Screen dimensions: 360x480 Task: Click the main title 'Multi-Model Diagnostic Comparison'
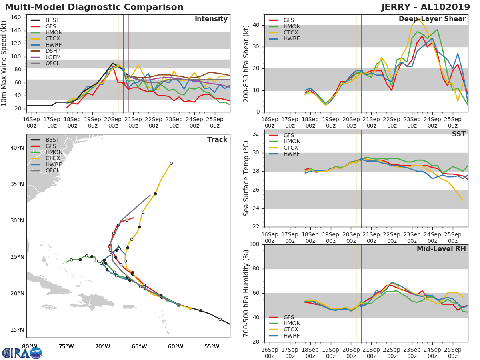tap(94, 7)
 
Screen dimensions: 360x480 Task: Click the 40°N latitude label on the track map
tap(17, 148)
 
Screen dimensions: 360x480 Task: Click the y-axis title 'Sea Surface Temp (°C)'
tap(246, 178)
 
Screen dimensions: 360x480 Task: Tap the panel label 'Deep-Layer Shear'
tap(432, 19)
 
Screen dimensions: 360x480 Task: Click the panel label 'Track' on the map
tap(217, 140)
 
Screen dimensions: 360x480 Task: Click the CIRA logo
tap(22, 353)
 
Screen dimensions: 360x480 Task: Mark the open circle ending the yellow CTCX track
tap(171, 163)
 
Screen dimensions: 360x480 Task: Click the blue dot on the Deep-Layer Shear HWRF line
tap(361, 71)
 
